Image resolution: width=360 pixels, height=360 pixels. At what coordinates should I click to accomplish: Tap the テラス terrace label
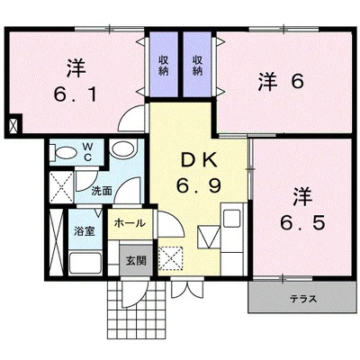tap(303, 299)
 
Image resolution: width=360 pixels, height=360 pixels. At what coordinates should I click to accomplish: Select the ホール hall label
tap(130, 223)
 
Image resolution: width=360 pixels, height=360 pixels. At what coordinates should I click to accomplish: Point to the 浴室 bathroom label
tap(85, 231)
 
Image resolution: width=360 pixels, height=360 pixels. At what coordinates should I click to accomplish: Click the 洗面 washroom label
tap(102, 191)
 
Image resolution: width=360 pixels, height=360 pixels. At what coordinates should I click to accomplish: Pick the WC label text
tap(87, 152)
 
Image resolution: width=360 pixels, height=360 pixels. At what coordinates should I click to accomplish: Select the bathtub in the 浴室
tap(85, 263)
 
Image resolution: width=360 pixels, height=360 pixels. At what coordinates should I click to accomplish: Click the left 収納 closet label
tap(163, 66)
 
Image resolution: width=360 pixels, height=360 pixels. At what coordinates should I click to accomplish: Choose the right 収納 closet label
tap(197, 66)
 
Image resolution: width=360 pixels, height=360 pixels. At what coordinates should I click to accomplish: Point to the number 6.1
tap(76, 94)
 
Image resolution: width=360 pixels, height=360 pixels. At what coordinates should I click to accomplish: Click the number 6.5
tap(302, 222)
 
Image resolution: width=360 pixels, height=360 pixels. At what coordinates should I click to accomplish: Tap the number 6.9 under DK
tap(199, 185)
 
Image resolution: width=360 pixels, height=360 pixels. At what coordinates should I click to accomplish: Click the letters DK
tap(199, 161)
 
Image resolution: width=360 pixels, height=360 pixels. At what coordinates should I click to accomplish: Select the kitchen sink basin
tap(231, 219)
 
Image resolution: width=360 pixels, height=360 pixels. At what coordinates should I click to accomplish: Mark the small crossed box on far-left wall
tap(14, 126)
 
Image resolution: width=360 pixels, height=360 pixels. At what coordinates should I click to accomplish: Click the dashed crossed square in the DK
tap(170, 258)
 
